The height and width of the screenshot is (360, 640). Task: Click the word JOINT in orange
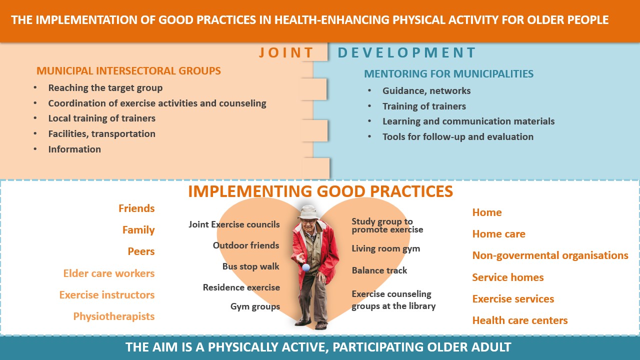click(x=286, y=52)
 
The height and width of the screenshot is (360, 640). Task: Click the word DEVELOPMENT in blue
click(x=406, y=52)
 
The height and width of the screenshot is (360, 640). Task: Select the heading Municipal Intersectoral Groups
click(x=128, y=71)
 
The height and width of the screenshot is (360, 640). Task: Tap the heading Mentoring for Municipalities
click(x=448, y=73)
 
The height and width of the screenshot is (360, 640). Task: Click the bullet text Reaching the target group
click(x=105, y=88)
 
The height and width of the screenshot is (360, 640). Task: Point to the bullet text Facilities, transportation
click(x=101, y=134)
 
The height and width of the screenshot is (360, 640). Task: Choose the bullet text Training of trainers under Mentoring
click(x=424, y=106)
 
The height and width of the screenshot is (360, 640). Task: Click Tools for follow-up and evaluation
click(x=457, y=137)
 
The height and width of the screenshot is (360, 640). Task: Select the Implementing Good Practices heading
click(x=320, y=191)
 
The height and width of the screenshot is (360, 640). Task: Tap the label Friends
click(x=136, y=208)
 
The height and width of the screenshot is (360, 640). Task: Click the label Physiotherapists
click(x=113, y=316)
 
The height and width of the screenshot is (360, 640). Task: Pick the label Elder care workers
click(x=109, y=273)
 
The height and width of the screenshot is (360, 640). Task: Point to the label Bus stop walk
click(x=250, y=266)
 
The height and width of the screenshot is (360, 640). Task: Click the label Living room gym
click(x=385, y=249)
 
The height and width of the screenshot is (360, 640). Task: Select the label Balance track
click(x=379, y=270)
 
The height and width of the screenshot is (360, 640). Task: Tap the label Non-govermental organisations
click(x=550, y=255)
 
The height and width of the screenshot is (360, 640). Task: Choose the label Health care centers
click(x=520, y=320)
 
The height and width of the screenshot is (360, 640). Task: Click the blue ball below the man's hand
click(x=306, y=267)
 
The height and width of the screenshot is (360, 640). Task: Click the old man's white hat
click(x=308, y=212)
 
